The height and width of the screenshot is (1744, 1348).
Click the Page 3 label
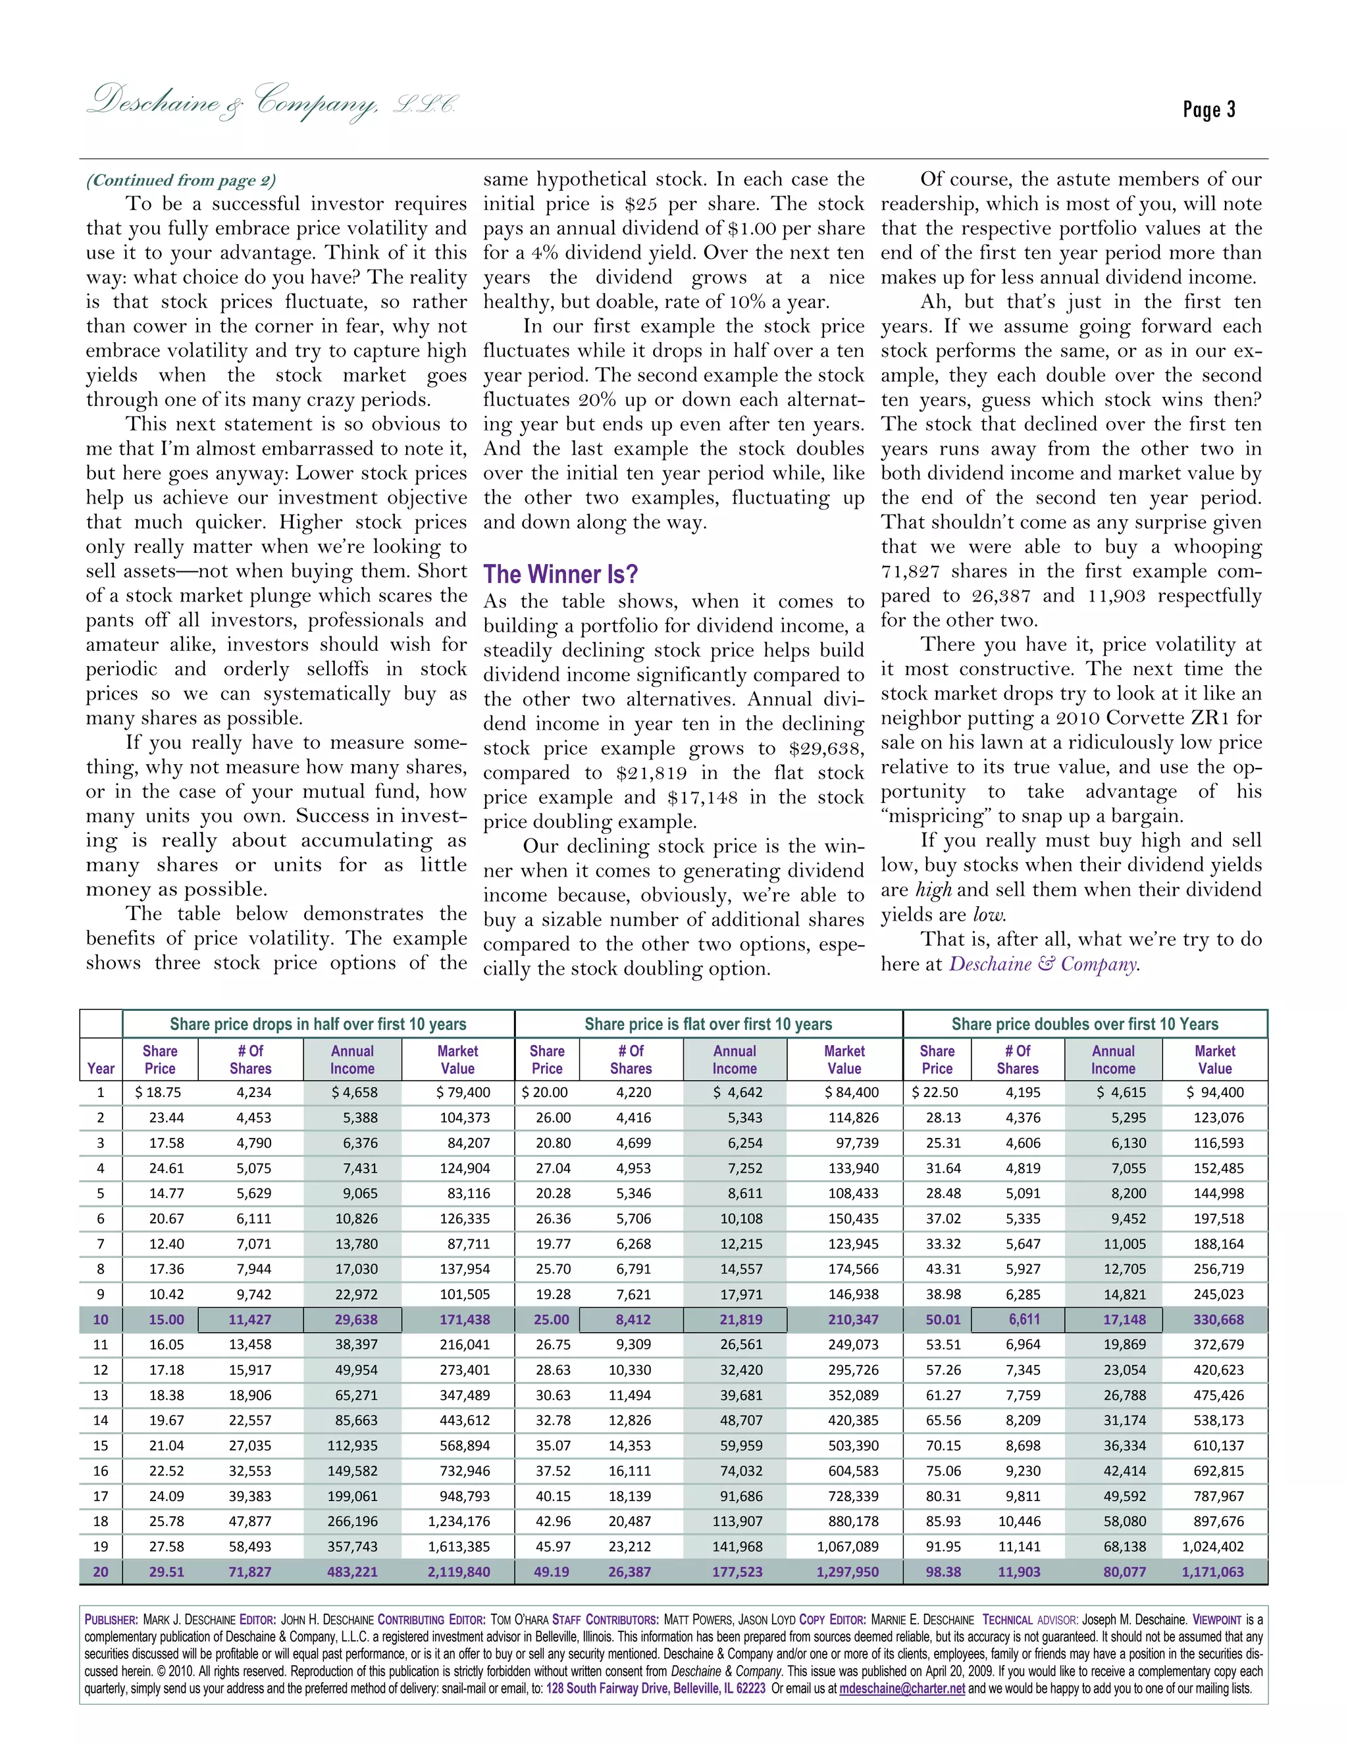tap(1208, 109)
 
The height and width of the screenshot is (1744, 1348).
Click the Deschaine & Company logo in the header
tap(272, 102)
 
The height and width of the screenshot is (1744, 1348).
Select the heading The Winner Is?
tap(560, 574)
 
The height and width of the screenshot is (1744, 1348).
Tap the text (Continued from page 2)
tap(180, 180)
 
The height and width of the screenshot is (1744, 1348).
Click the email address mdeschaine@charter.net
tap(902, 1689)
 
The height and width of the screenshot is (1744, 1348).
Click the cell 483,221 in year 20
tap(352, 1572)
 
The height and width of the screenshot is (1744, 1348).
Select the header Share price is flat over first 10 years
tap(708, 1024)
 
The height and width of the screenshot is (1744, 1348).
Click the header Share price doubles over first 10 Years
tap(1085, 1024)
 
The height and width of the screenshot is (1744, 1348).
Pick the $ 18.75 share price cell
tap(157, 1092)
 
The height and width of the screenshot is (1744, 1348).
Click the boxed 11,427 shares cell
tap(250, 1319)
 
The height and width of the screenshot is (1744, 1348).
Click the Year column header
tap(101, 1068)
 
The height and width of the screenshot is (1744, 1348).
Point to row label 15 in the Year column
tap(101, 1445)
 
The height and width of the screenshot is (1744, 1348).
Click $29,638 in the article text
tap(831, 748)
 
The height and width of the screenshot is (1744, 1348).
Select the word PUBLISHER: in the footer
tap(112, 1620)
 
